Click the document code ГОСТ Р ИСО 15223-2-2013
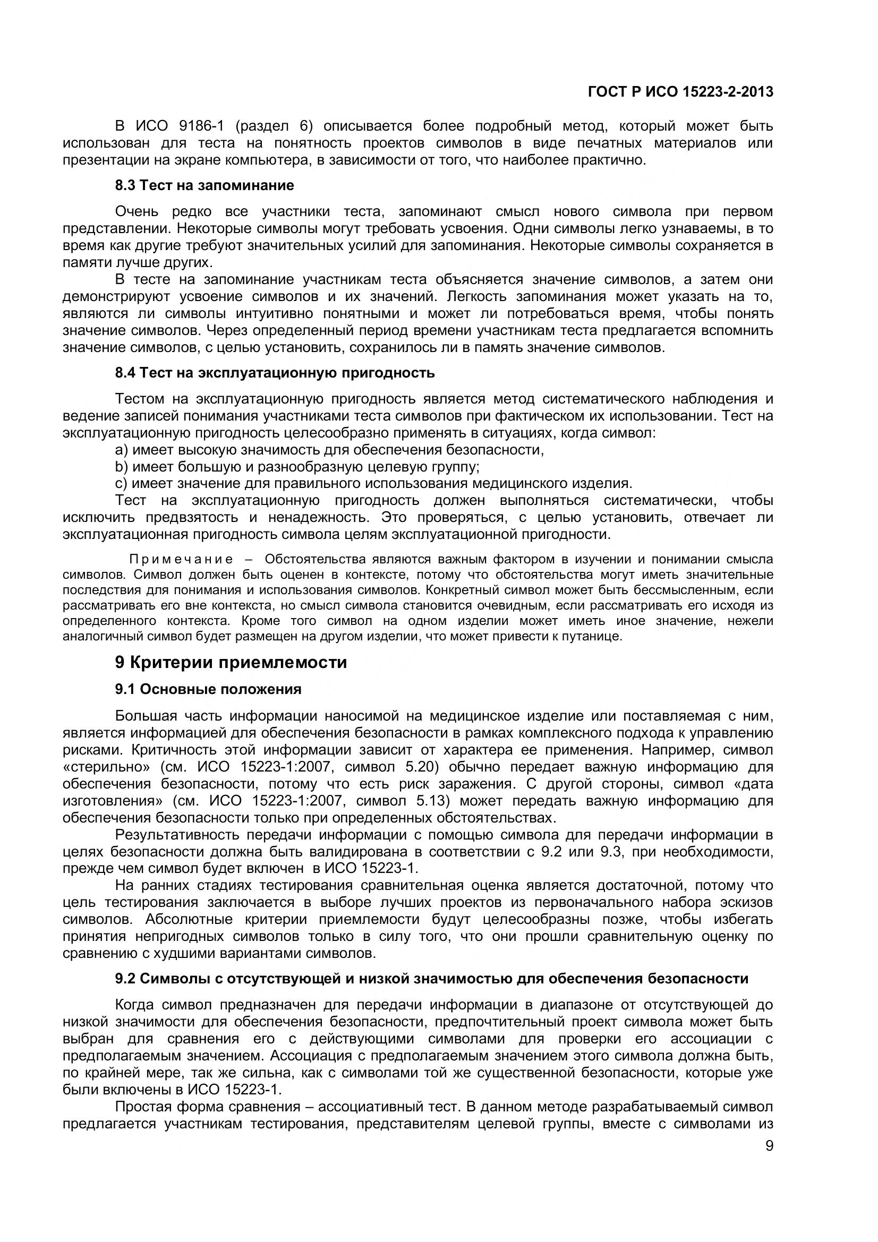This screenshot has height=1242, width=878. coord(680,92)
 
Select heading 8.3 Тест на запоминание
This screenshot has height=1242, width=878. coord(204,185)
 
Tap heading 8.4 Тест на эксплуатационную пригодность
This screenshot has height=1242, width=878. coord(275,373)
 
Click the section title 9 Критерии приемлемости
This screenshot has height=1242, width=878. coord(231,662)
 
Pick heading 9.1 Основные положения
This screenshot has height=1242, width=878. coord(208,689)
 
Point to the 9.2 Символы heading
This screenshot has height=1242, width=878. coord(432,978)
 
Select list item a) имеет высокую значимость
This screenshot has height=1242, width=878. coord(329,450)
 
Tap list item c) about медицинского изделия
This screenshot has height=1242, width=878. coord(374,483)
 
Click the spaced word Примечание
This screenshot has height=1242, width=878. coord(181,559)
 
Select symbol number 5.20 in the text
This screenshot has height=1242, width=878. coord(432,767)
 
